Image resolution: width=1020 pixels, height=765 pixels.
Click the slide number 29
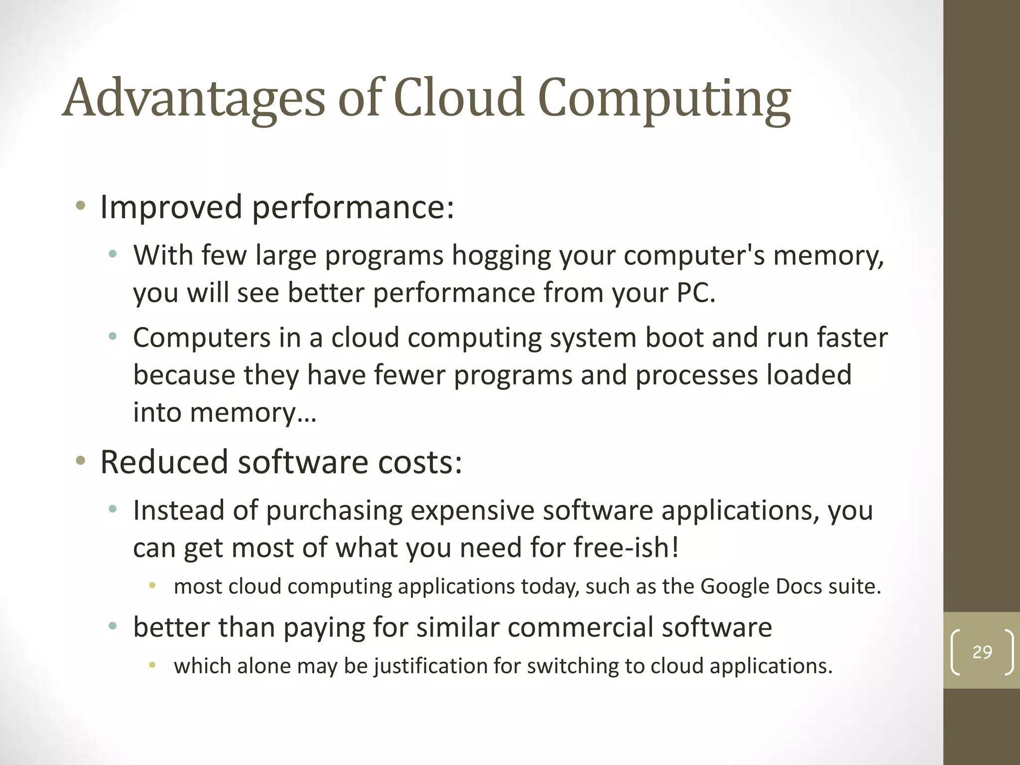982,652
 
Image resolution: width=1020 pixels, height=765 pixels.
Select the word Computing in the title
664,100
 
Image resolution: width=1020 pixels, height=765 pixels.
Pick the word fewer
409,375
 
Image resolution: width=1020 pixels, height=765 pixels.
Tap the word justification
445,666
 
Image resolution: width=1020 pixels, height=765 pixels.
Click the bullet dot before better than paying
113,626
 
